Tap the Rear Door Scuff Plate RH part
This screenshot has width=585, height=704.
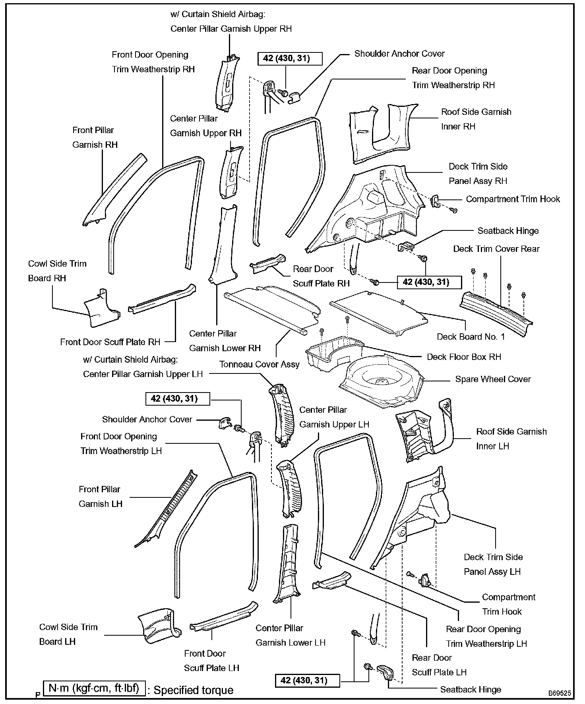click(267, 263)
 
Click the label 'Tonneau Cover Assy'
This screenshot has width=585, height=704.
click(259, 364)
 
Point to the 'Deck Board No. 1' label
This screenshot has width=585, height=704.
click(471, 337)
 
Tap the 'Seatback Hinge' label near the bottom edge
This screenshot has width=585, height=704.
click(471, 690)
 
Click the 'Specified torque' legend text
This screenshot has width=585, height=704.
click(194, 690)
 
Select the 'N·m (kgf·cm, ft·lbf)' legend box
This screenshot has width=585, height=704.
click(94, 689)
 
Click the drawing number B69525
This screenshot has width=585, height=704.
click(560, 694)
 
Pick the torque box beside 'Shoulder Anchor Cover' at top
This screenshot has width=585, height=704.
click(290, 58)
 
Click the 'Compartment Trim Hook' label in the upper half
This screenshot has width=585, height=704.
click(513, 199)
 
